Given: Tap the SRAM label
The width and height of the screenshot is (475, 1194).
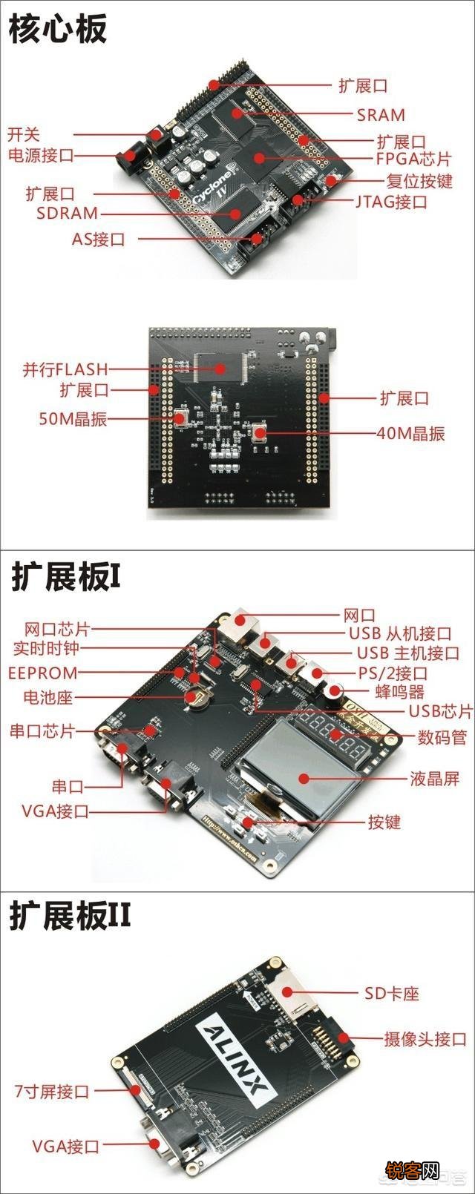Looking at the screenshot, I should [x=381, y=115].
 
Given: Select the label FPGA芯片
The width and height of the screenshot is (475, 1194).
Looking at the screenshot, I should [x=413, y=159].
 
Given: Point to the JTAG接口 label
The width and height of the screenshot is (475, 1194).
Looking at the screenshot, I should [x=391, y=201].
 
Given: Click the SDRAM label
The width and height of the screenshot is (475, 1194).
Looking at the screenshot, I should [x=67, y=214].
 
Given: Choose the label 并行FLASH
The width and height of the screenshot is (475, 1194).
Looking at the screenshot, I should [x=65, y=369].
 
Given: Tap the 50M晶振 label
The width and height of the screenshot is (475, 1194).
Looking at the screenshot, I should [x=73, y=418].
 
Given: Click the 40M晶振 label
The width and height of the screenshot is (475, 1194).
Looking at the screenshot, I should [x=410, y=433].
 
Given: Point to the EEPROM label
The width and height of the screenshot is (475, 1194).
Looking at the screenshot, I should [x=42, y=673].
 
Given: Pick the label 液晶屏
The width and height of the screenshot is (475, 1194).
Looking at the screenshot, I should [x=435, y=778].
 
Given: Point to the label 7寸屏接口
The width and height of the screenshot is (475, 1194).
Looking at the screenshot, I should [x=52, y=1092].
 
